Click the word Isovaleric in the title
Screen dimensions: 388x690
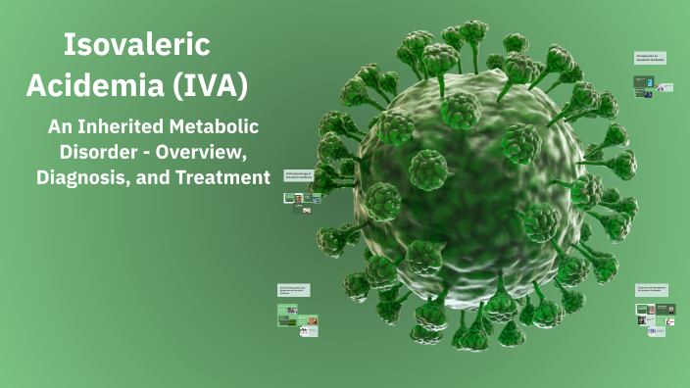click(136, 45)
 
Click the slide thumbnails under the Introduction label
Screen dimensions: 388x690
click(653, 85)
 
